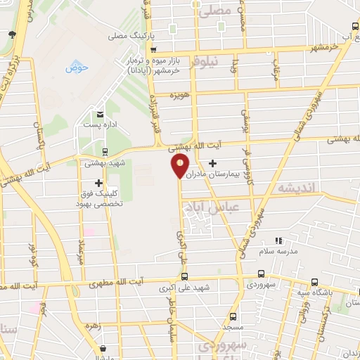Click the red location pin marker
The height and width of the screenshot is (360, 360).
pyautogui.click(x=181, y=165)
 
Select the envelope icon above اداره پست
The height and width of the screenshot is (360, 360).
pyautogui.click(x=100, y=114)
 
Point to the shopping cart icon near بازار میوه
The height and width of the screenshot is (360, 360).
pyautogui.click(x=153, y=49)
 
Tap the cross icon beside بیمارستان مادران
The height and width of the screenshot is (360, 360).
pyautogui.click(x=212, y=164)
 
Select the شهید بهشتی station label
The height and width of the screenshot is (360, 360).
pyautogui.click(x=104, y=162)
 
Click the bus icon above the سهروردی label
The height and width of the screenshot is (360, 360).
pyautogui.click(x=261, y=275)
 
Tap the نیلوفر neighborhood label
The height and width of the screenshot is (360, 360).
pyautogui.click(x=207, y=61)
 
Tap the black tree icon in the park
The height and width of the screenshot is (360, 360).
pyautogui.click(x=12, y=34)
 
